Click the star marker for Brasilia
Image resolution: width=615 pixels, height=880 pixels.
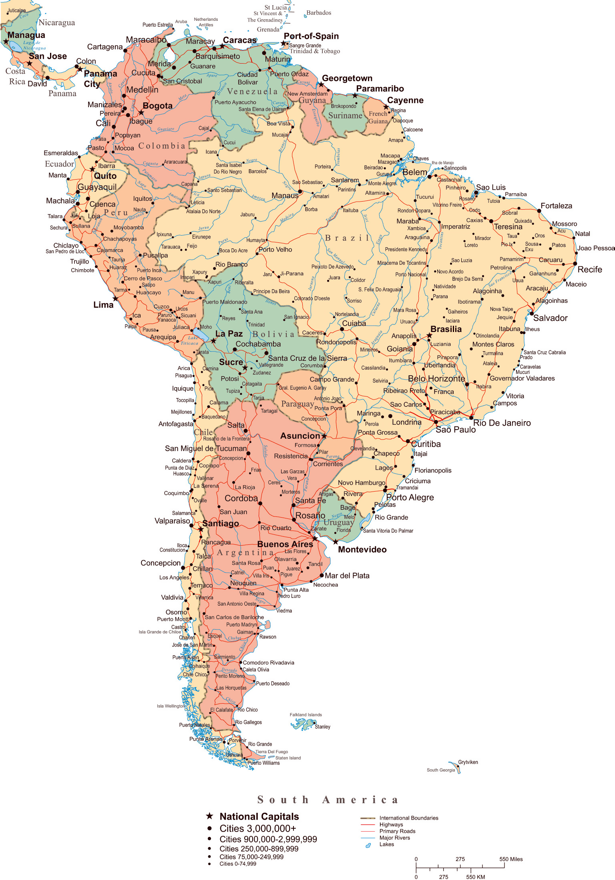click(x=429, y=335)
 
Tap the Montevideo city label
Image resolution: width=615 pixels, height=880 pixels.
click(x=362, y=550)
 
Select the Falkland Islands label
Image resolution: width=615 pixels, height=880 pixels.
click(x=305, y=715)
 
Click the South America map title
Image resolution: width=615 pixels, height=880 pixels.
click(x=328, y=800)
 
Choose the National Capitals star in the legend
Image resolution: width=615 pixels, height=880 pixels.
click(x=209, y=816)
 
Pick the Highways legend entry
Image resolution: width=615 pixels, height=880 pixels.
click(x=391, y=824)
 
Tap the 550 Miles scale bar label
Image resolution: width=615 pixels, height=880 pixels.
click(x=511, y=859)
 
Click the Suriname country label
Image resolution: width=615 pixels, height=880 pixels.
click(x=345, y=116)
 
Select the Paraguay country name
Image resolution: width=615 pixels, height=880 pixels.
click(x=297, y=404)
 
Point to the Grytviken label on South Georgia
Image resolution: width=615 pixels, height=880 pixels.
click(x=468, y=762)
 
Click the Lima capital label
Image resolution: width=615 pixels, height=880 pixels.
click(x=103, y=305)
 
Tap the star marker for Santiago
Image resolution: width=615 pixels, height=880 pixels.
click(x=201, y=529)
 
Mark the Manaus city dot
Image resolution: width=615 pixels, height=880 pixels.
click(x=300, y=192)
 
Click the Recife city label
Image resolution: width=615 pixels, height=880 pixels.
click(x=589, y=270)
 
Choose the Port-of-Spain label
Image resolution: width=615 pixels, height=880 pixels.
click(x=311, y=36)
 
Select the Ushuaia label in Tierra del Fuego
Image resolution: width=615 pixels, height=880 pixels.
click(x=234, y=755)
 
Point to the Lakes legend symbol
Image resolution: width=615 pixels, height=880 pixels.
click(x=368, y=845)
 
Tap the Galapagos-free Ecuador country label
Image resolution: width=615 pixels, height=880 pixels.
click(x=59, y=164)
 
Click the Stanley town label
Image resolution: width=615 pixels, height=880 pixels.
click(x=322, y=727)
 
